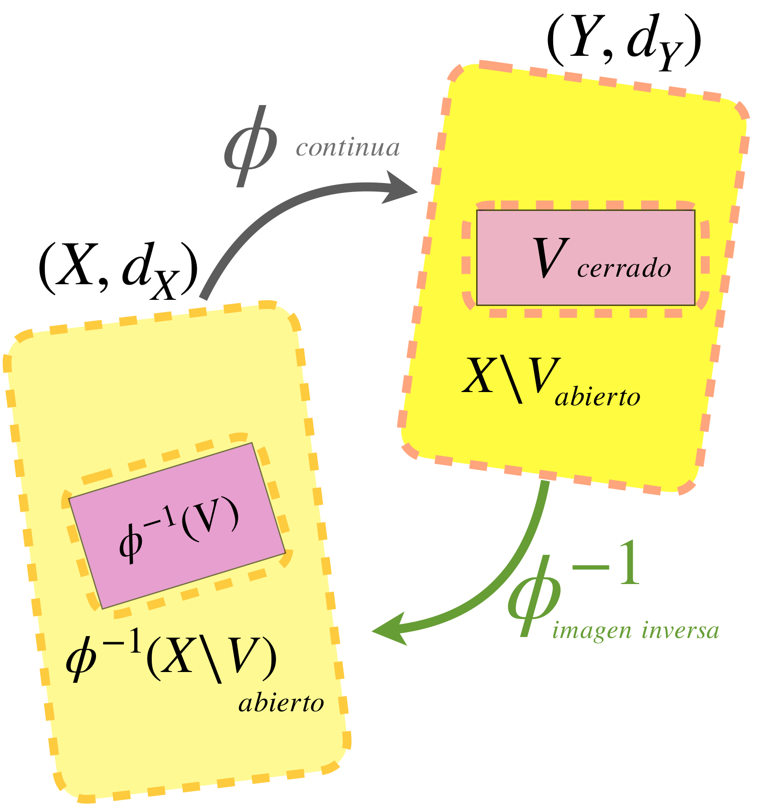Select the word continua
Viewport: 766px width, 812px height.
point(348,148)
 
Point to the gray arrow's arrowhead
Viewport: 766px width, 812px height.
point(400,188)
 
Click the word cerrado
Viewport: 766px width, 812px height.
point(624,268)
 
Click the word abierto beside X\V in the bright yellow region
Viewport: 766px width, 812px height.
point(598,396)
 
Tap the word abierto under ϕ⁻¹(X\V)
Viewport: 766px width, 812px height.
point(281,703)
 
